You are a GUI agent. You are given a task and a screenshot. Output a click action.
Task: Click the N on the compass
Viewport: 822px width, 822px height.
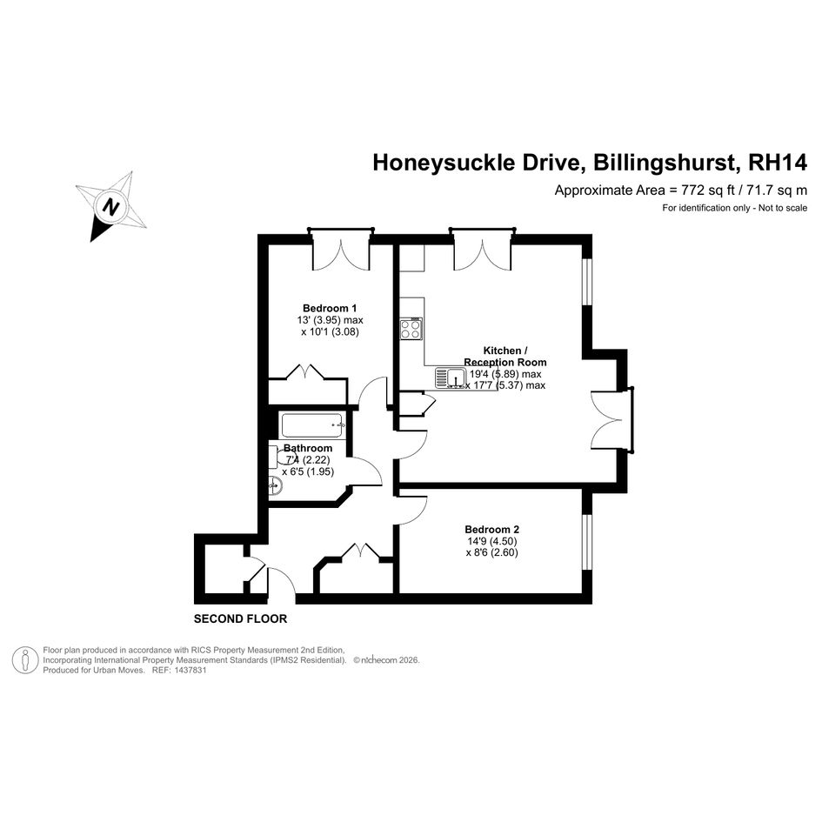110,206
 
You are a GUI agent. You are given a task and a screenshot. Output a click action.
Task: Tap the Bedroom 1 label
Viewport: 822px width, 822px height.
330,308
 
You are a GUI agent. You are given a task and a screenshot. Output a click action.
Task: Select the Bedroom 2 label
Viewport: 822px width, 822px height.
491,530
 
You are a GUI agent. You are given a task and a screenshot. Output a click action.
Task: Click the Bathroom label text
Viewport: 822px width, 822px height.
308,448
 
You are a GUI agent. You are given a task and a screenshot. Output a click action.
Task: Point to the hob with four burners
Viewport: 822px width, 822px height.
411,329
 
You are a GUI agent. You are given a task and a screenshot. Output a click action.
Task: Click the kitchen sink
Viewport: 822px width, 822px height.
451,378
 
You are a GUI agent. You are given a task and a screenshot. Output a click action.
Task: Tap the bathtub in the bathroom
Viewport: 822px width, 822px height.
313,425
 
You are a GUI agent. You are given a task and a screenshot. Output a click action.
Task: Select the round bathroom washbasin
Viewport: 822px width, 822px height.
275,486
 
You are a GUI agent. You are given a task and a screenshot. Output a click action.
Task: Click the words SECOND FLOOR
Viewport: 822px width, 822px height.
241,619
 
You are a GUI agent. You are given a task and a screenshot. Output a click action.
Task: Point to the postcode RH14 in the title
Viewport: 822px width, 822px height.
778,163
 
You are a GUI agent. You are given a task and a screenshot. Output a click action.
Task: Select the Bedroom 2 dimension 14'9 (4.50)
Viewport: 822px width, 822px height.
491,541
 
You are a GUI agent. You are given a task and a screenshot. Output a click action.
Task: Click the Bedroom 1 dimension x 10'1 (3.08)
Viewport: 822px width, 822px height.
330,331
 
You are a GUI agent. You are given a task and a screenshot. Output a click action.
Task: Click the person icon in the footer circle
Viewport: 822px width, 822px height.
25,660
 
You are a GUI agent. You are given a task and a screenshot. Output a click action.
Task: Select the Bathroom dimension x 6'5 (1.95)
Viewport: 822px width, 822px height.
308,471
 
